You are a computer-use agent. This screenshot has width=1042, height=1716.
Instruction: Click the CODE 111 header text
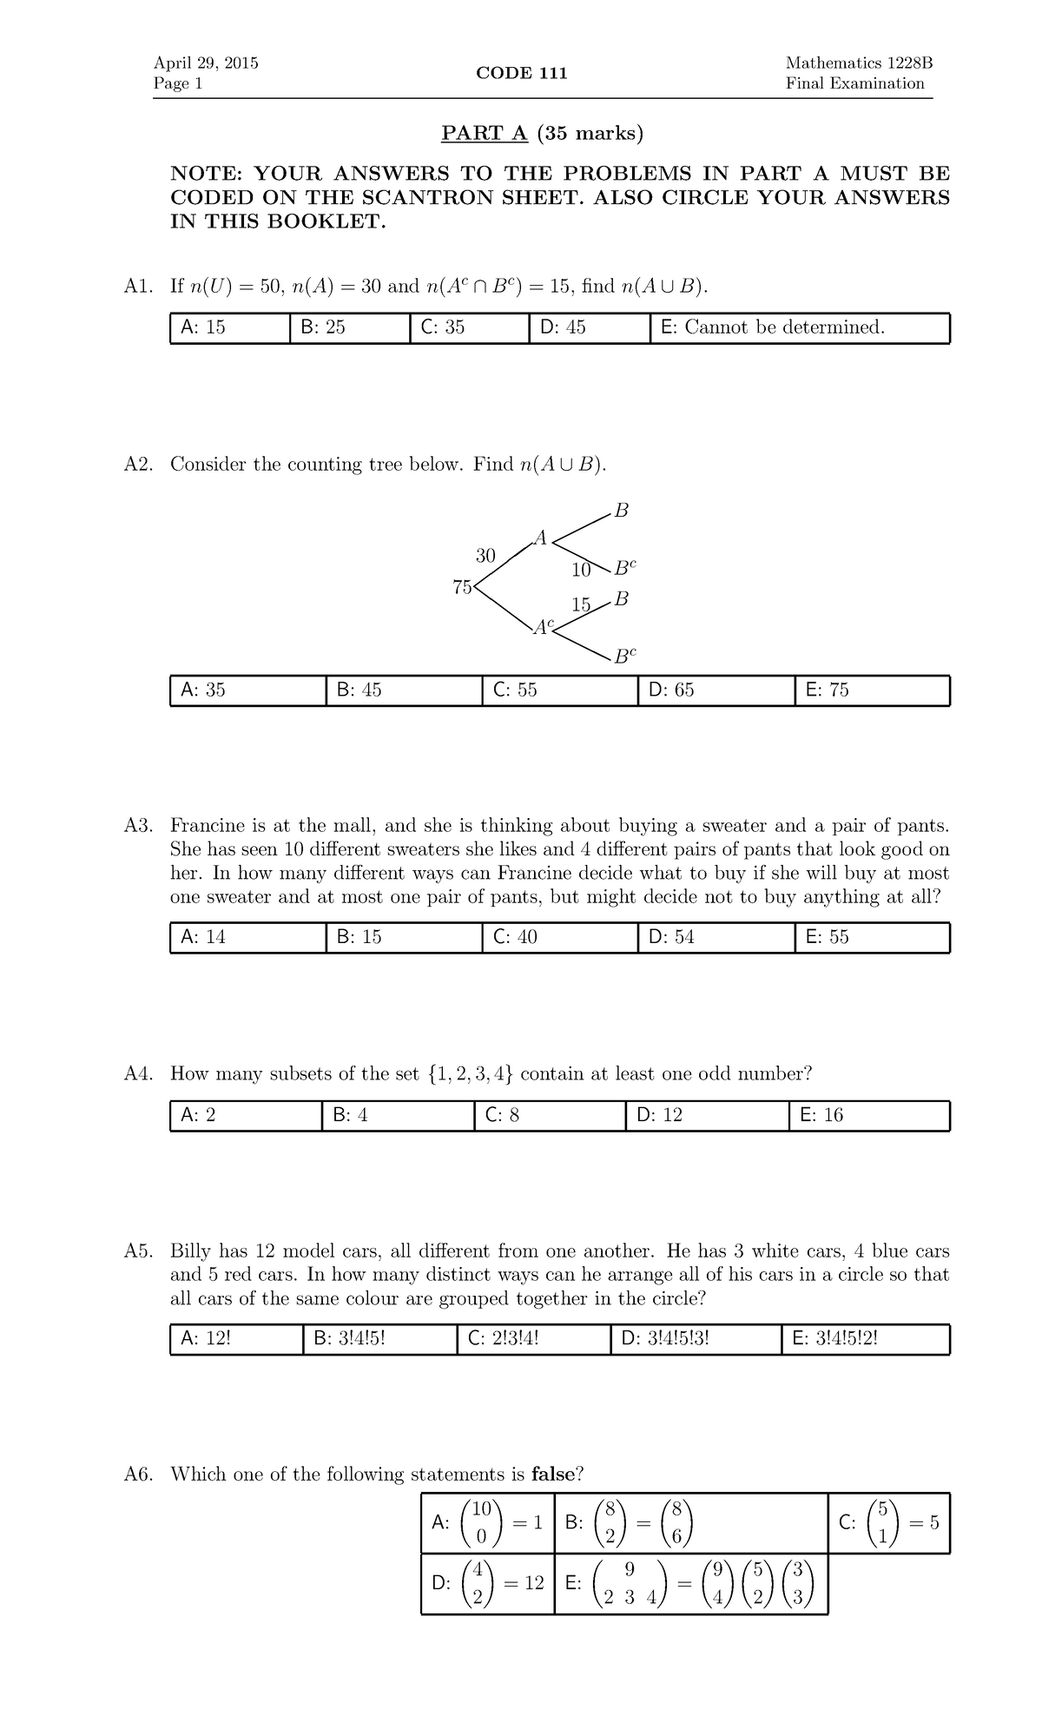pyautogui.click(x=521, y=73)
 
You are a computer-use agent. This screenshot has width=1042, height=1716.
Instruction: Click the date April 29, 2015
pyautogui.click(x=206, y=63)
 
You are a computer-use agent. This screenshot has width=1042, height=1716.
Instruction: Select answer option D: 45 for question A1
pyautogui.click(x=563, y=327)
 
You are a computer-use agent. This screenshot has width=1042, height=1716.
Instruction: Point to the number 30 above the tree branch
pyautogui.click(x=485, y=555)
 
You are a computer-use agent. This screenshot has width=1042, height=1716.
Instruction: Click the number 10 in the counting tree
pyautogui.click(x=580, y=571)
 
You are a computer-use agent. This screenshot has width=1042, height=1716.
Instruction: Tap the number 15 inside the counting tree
pyautogui.click(x=580, y=604)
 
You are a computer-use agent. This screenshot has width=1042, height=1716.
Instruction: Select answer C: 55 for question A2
pyautogui.click(x=515, y=690)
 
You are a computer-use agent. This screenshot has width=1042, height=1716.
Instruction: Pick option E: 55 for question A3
pyautogui.click(x=827, y=937)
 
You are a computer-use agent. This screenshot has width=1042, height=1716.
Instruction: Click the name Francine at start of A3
pyautogui.click(x=207, y=825)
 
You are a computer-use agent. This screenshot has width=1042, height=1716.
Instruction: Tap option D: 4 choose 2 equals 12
pyautogui.click(x=487, y=1582)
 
